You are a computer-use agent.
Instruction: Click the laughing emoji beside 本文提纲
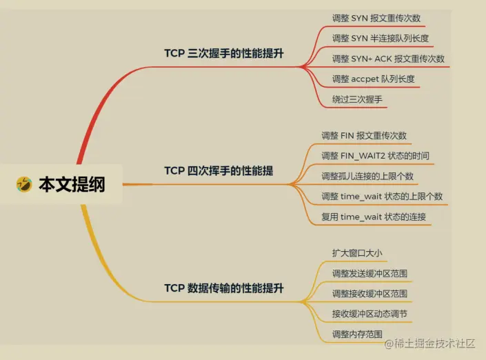click(x=24, y=184)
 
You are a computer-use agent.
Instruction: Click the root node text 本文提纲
click(x=72, y=184)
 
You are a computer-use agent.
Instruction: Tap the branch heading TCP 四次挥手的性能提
click(x=219, y=170)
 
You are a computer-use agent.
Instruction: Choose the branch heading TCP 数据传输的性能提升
click(x=224, y=288)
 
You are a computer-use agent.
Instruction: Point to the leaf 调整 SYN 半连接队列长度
click(x=382, y=38)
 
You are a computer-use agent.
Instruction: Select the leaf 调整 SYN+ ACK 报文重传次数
click(x=388, y=59)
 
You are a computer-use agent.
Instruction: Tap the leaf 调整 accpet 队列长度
click(x=373, y=79)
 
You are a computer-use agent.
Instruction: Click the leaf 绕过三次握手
click(x=357, y=99)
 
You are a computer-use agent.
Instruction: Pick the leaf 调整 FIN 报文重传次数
click(x=364, y=135)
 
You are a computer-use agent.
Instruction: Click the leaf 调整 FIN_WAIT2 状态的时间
click(x=375, y=155)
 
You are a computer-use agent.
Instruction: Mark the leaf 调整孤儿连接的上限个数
click(x=367, y=176)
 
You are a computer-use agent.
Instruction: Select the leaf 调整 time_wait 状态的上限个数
click(x=382, y=196)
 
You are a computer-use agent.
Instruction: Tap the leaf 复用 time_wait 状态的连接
click(x=374, y=217)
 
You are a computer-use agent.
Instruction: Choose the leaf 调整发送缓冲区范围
click(x=369, y=273)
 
